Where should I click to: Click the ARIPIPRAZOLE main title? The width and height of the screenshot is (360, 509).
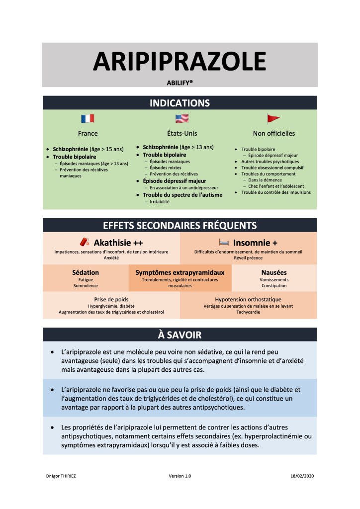click(180, 62)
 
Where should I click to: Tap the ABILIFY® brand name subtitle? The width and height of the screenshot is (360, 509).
click(180, 82)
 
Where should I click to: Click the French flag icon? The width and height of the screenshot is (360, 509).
click(88, 119)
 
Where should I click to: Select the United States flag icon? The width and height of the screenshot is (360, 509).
click(182, 119)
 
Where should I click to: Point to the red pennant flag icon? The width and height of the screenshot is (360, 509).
click(273, 119)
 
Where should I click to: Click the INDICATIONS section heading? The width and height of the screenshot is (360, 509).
click(180, 103)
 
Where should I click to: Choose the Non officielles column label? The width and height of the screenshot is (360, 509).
click(274, 133)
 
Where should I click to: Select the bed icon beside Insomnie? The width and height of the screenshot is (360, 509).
click(224, 242)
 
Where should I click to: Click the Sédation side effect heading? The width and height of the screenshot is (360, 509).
click(86, 272)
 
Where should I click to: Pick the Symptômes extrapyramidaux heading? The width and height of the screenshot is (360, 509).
click(180, 272)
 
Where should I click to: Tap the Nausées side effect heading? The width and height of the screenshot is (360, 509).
click(274, 272)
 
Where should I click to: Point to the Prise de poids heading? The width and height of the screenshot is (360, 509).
click(111, 299)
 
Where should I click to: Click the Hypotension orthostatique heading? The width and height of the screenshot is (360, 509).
click(248, 299)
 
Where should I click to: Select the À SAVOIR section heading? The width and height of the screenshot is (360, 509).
click(180, 335)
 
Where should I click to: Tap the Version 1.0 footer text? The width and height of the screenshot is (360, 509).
click(180, 476)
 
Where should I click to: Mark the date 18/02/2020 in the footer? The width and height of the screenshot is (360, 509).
click(302, 476)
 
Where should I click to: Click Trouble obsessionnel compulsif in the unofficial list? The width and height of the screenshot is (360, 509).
click(273, 168)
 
